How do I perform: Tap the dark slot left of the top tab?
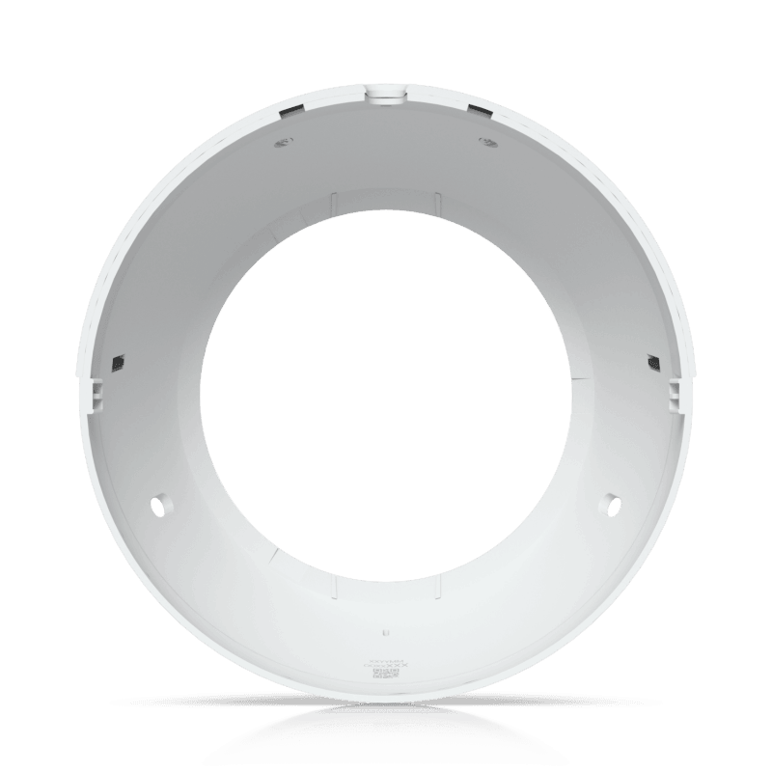[x=288, y=112]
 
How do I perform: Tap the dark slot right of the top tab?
[x=478, y=112]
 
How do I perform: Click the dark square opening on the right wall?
[x=652, y=362]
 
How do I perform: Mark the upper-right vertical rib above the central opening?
[x=440, y=204]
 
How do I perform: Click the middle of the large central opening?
[x=386, y=386]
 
